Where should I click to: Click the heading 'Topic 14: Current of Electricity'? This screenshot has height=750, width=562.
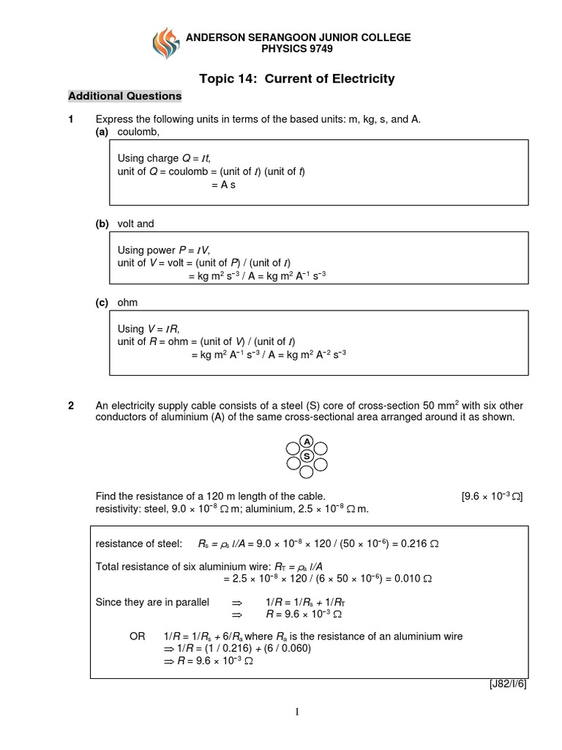296,78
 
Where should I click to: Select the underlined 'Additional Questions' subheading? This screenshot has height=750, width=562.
124,96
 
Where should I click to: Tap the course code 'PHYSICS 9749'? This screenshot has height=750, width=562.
296,49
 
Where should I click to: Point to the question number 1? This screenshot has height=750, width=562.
71,119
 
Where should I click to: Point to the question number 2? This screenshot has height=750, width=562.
71,406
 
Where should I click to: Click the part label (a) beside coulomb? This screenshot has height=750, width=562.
102,132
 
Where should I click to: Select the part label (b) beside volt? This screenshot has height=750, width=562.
102,223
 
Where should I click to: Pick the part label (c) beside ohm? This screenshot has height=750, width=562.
102,302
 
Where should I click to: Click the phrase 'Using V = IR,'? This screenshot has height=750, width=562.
149,329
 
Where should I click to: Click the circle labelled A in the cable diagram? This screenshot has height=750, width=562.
307,441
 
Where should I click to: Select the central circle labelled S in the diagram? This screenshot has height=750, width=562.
307,456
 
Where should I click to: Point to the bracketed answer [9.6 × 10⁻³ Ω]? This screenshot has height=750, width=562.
492,496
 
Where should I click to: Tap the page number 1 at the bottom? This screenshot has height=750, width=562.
298,711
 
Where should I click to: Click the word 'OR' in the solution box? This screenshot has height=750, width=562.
138,636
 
